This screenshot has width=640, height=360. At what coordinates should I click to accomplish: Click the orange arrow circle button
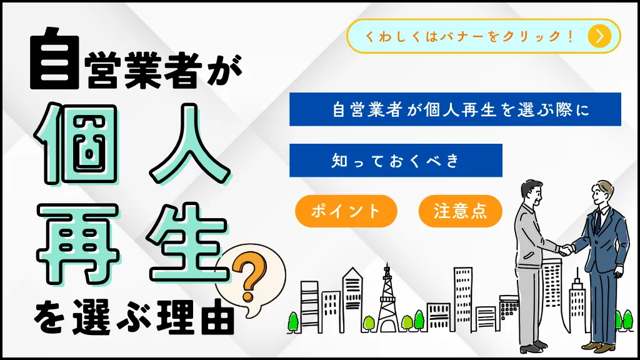tap(599, 36)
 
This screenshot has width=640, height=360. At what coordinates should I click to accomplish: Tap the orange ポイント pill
tap(346, 211)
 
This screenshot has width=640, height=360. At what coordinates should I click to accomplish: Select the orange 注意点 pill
tap(461, 211)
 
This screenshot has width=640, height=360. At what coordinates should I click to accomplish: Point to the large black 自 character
tap(55, 58)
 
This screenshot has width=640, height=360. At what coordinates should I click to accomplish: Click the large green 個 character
tap(77, 144)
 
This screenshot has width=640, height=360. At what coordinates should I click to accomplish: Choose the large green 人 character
tap(189, 144)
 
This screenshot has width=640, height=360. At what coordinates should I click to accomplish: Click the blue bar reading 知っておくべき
tap(396, 161)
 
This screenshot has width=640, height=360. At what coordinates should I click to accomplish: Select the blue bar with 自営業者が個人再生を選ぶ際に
tap(455, 109)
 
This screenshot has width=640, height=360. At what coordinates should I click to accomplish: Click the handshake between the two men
tap(566, 249)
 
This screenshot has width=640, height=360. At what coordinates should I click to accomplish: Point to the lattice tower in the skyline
tap(387, 299)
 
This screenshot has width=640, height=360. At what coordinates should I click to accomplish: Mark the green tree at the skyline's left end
tap(293, 322)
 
